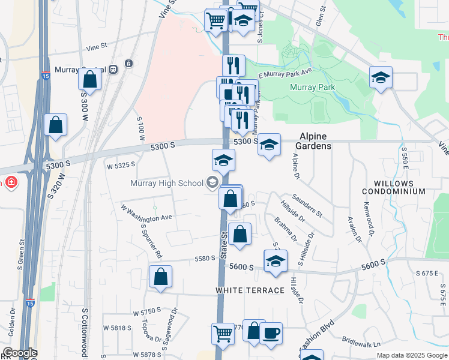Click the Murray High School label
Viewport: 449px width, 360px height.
point(168,183)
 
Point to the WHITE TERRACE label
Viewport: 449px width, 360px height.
point(250,290)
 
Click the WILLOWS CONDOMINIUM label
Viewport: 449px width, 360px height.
point(399,187)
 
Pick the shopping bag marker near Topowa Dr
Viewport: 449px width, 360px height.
point(160,277)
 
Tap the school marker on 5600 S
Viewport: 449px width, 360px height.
point(276,261)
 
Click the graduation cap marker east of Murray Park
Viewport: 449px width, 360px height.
point(381,77)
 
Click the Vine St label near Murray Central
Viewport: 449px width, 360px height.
point(96,46)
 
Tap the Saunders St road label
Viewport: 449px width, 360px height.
point(307,205)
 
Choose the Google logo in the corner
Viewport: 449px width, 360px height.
point(19,353)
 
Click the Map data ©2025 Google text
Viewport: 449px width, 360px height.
point(411,355)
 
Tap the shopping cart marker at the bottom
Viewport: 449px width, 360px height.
point(223,332)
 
